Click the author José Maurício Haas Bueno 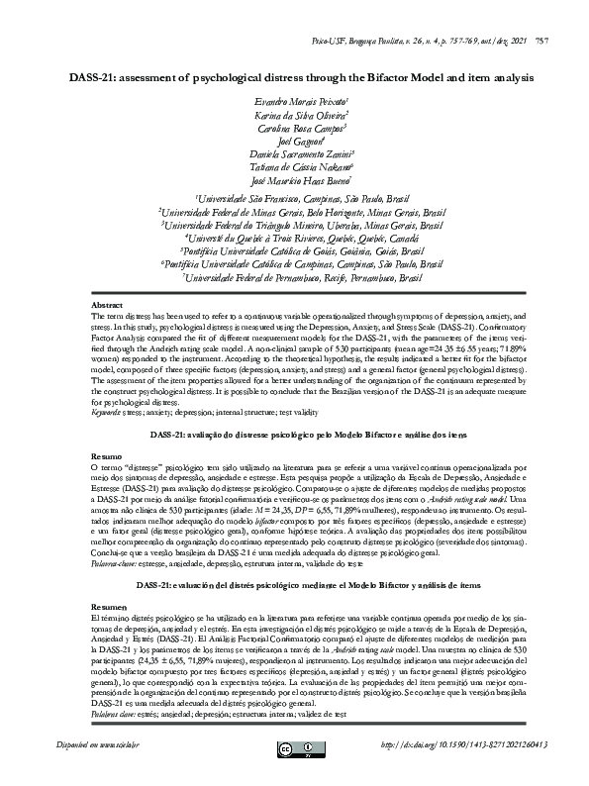click(x=294, y=181)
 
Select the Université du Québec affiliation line click(x=294, y=238)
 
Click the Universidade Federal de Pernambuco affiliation click(x=294, y=279)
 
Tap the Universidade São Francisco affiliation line click(x=294, y=197)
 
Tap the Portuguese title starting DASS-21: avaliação click(x=294, y=436)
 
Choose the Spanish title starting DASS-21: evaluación click(x=294, y=585)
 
